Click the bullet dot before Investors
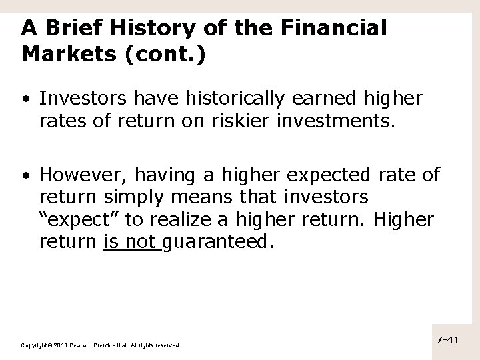pyautogui.click(x=25, y=99)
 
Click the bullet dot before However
pyautogui.click(x=25, y=176)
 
